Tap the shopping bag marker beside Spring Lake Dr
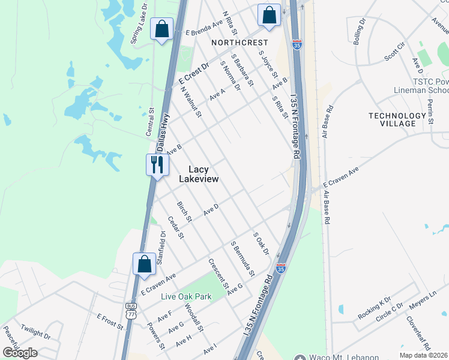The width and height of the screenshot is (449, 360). [x=161, y=29]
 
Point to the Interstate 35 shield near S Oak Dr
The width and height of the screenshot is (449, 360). [x=280, y=268]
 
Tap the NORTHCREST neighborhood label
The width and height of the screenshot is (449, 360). [x=239, y=43]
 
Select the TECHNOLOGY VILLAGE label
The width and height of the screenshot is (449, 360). [x=397, y=119]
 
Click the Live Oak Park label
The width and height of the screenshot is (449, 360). [x=185, y=296]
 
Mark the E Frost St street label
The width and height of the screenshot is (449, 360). [x=109, y=322]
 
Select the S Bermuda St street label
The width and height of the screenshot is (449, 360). [x=243, y=259]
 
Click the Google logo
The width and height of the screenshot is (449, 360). [x=20, y=353]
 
